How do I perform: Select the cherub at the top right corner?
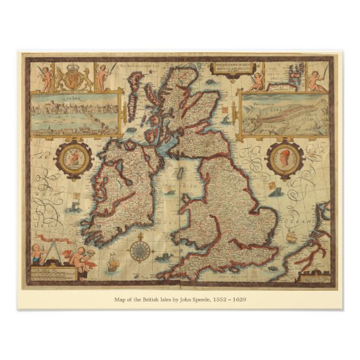pos(315,79)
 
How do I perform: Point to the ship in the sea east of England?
pos(291,237)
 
